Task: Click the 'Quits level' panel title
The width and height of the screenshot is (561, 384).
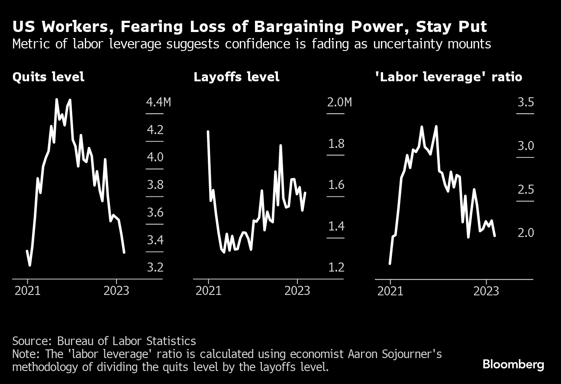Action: click(x=48, y=77)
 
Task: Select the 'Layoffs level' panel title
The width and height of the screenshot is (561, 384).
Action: click(x=236, y=77)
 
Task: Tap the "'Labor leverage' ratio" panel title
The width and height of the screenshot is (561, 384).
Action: click(x=449, y=77)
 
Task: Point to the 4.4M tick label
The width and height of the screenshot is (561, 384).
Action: click(x=158, y=102)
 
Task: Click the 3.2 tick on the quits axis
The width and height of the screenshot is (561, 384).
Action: click(x=155, y=267)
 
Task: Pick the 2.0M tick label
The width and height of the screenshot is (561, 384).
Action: click(x=339, y=102)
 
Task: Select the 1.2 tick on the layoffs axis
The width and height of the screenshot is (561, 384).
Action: click(x=336, y=267)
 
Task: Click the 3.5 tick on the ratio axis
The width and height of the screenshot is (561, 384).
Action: click(x=526, y=102)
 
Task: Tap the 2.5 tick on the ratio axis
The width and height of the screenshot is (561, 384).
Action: click(x=526, y=190)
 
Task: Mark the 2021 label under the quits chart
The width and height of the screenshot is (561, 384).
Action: click(x=27, y=291)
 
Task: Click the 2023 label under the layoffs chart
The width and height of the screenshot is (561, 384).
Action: click(x=297, y=291)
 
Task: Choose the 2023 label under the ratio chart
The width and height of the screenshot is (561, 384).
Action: click(x=486, y=291)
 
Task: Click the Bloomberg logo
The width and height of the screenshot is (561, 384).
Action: click(x=513, y=365)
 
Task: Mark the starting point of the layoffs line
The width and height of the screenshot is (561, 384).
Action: click(x=208, y=131)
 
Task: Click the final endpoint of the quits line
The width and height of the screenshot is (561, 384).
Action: click(x=124, y=252)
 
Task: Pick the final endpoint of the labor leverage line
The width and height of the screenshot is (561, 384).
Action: click(x=495, y=235)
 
